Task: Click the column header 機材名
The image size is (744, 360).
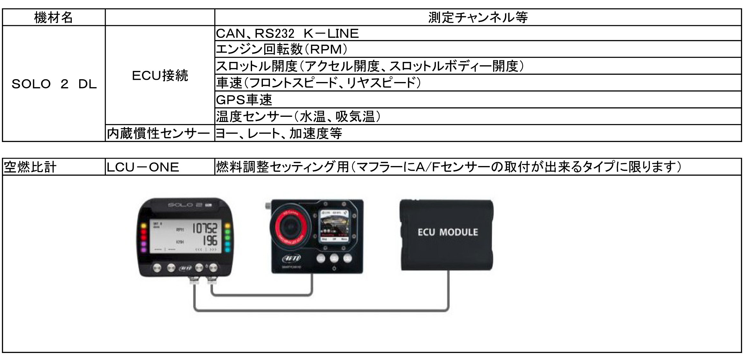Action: pyautogui.click(x=54, y=17)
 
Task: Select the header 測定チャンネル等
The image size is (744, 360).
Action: pyautogui.click(x=478, y=17)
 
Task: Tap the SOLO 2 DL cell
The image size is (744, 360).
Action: pyautogui.click(x=54, y=84)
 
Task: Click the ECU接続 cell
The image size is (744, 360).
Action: pyautogui.click(x=160, y=76)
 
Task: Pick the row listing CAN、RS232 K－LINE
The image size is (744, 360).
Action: pyautogui.click(x=287, y=34)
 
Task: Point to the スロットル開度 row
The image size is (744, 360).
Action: pyautogui.click(x=370, y=66)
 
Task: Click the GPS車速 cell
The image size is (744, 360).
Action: pyautogui.click(x=244, y=100)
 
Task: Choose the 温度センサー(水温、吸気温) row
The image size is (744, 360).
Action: pyautogui.click(x=298, y=116)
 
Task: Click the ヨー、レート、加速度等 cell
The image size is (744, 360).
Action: pyautogui.click(x=279, y=133)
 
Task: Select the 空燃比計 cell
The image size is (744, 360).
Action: pyautogui.click(x=30, y=167)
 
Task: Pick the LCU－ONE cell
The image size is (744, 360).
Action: pyautogui.click(x=143, y=167)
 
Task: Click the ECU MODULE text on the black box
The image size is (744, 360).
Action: pyautogui.click(x=448, y=232)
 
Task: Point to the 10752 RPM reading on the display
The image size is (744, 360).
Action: pyautogui.click(x=205, y=229)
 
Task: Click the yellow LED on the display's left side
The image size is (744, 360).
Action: pyautogui.click(x=144, y=226)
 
